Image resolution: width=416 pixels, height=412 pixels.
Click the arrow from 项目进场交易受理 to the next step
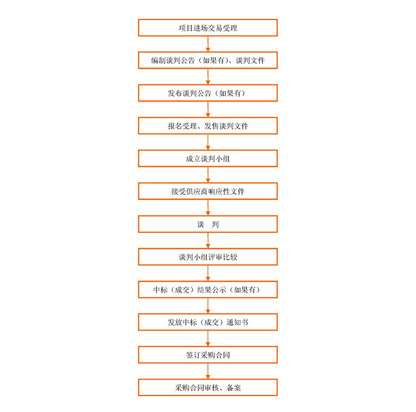(x=208, y=44)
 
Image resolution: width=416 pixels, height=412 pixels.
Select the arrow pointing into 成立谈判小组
(x=208, y=142)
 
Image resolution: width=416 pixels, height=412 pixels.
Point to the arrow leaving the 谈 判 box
(x=208, y=240)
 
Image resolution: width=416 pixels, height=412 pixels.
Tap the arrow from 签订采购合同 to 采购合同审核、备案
(x=208, y=371)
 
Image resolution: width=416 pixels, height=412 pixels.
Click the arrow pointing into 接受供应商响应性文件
(x=208, y=175)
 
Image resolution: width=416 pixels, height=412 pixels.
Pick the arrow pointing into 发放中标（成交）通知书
(x=208, y=306)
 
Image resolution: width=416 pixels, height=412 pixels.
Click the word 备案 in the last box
(x=234, y=388)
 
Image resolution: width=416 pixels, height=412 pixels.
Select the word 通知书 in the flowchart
(x=237, y=322)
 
